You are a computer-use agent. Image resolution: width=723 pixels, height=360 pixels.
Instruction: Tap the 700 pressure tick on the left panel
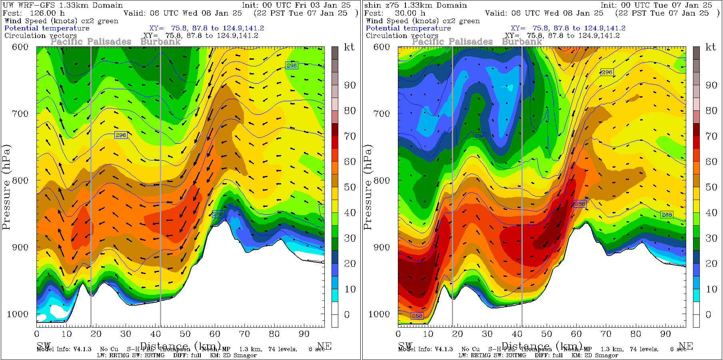[x=20, y=114]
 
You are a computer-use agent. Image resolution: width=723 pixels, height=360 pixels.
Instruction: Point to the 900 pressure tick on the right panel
[x=381, y=247]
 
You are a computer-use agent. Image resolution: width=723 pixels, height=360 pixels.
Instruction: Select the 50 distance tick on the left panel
[x=185, y=334]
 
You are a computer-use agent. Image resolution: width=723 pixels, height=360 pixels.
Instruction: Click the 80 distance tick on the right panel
[x=636, y=334]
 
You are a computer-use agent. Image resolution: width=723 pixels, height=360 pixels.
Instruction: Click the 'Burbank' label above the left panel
[x=160, y=42]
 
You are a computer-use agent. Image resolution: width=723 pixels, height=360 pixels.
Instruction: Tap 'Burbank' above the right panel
[x=522, y=42]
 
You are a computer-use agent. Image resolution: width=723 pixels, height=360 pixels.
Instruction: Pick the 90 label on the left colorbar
[x=350, y=85]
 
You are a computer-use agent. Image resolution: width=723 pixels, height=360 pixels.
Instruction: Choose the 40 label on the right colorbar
[x=711, y=213]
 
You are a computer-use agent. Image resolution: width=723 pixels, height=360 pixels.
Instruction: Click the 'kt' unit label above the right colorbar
[x=711, y=47]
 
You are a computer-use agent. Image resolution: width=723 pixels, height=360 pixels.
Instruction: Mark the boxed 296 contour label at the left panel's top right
[x=292, y=66]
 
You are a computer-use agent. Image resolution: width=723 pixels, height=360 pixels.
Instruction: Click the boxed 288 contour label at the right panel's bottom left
[x=417, y=316]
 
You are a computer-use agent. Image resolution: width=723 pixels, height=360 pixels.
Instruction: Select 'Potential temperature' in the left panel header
[x=47, y=28]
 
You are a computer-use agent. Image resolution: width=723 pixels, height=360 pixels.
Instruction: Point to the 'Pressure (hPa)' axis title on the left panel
[x=6, y=187]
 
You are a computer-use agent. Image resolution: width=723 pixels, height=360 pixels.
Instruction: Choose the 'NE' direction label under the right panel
[x=686, y=346]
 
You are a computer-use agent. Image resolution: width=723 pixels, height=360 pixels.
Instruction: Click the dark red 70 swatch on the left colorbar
[x=335, y=130]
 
